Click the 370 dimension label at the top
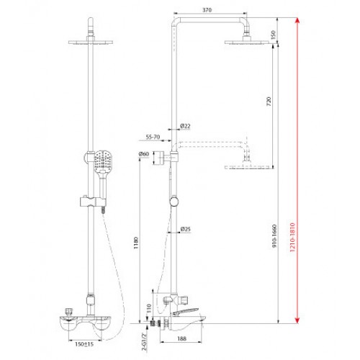(207, 10)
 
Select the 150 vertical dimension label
(274, 35)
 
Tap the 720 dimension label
(269, 102)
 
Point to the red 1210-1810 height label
(292, 237)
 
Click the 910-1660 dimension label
(274, 236)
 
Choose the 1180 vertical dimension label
(136, 243)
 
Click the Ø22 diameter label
(185, 126)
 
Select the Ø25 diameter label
(185, 229)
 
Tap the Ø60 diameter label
(144, 154)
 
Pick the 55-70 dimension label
(153, 137)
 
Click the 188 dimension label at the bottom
(181, 338)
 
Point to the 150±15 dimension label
(84, 344)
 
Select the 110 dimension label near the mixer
(149, 309)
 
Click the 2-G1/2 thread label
(144, 342)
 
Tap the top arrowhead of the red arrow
(297, 20)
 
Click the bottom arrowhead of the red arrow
(297, 320)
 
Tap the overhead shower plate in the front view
(91, 42)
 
